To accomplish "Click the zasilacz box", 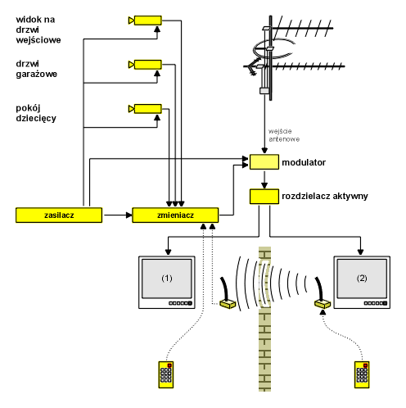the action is (59, 215).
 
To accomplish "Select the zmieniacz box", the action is (175, 215).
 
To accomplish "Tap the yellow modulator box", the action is (264, 162).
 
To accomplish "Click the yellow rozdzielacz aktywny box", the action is (264, 197).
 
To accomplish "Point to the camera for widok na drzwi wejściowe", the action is (145, 20).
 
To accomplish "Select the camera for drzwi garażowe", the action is (145, 65).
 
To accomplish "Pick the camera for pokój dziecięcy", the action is (145, 109).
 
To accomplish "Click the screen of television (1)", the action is (167, 279).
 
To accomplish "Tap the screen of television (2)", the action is (362, 279).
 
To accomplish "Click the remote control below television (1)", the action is (166, 374).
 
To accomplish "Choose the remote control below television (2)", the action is (362, 374).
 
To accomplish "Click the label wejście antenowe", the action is (284, 135).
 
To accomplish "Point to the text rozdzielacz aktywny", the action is (325, 196).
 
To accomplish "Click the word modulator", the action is (304, 162).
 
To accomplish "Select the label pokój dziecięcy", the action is (36, 113).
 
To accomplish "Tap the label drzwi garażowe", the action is (36, 69).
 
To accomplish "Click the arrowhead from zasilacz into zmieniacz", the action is (129, 215).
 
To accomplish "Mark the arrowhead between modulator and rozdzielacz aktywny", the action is (264, 185).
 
